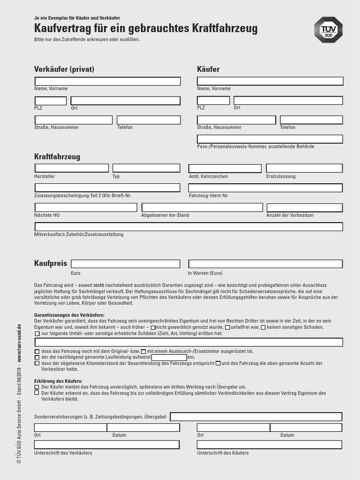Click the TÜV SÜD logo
(328, 30)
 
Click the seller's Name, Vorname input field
(107, 81)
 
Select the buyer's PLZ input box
(213, 100)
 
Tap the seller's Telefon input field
(149, 120)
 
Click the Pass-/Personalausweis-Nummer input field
(270, 139)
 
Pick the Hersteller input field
(71, 168)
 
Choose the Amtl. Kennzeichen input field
(225, 168)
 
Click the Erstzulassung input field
(304, 168)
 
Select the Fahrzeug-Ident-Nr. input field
(265, 187)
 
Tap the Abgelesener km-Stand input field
(202, 207)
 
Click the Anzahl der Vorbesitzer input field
(304, 207)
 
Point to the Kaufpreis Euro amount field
(125, 264)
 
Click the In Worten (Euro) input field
(265, 264)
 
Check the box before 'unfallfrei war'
(228, 327)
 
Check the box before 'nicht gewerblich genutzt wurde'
(153, 327)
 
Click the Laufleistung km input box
(169, 357)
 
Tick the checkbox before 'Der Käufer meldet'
(37, 387)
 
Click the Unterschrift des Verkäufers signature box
(107, 444)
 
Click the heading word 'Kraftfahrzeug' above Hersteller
(57, 157)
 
